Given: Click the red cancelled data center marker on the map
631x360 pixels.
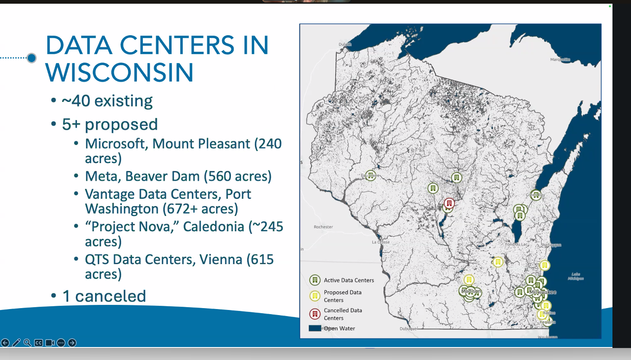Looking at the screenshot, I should click(449, 203).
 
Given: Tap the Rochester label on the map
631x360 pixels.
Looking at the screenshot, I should click(323, 227).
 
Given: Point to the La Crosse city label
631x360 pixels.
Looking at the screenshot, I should click(381, 242).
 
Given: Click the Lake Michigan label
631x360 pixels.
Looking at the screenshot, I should click(575, 276).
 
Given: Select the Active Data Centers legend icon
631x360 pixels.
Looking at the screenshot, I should click(315, 280).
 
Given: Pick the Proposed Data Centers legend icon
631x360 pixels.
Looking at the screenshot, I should click(315, 296).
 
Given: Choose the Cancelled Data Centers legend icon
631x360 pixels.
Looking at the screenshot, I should click(315, 314).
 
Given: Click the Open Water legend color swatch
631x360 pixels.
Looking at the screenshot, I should click(315, 328).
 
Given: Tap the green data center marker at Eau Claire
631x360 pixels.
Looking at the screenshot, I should click(370, 175).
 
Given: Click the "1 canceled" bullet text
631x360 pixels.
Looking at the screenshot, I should click(104, 296).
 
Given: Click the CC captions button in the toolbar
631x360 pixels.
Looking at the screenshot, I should click(38, 343).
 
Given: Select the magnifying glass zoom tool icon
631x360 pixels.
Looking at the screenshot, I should click(27, 343).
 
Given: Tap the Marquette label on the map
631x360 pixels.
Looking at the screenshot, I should click(560, 59).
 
